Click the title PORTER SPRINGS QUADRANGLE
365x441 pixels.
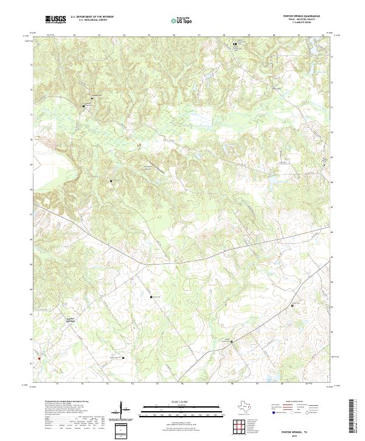[304, 16]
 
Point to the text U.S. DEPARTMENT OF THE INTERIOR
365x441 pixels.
[92, 17]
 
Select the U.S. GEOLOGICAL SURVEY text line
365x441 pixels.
[92, 21]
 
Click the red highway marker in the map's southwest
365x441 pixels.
[38, 358]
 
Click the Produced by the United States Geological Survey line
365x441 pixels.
[66, 402]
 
